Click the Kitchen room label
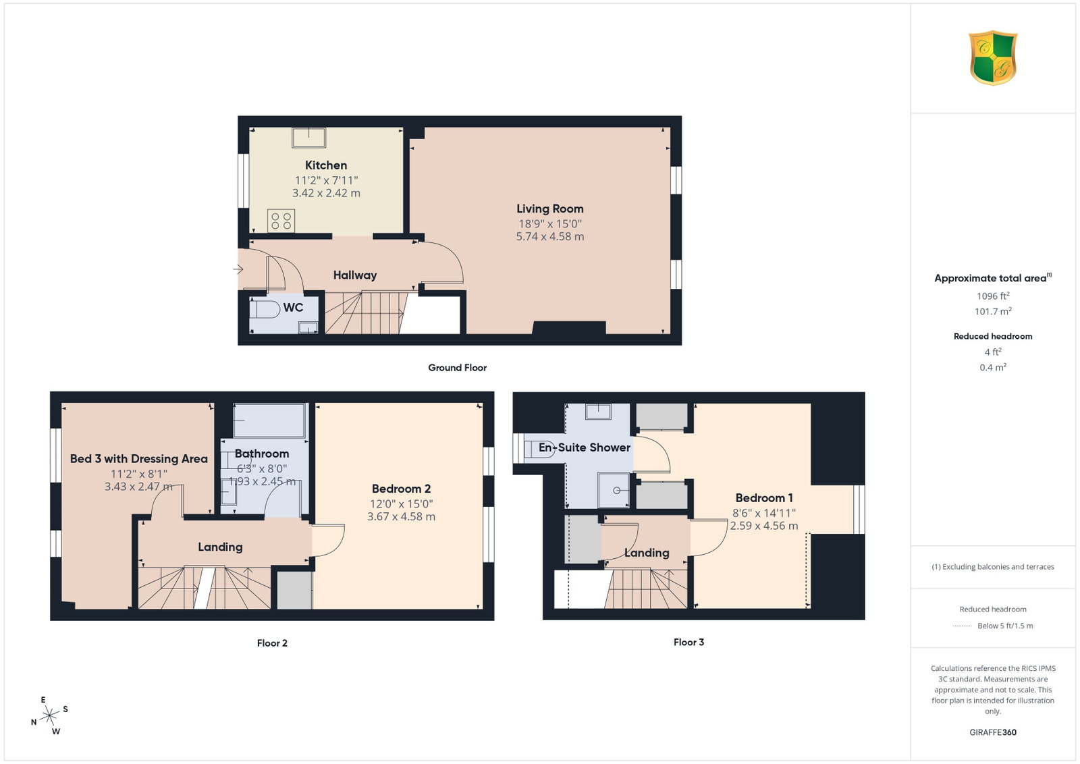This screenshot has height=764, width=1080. (326, 165)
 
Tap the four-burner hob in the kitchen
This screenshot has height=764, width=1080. (281, 221)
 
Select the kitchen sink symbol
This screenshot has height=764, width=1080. (308, 138)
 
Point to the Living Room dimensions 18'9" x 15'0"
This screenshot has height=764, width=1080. (550, 223)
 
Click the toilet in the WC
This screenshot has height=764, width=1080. (265, 309)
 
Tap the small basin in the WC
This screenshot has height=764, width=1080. (308, 328)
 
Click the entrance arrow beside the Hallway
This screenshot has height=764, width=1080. (238, 269)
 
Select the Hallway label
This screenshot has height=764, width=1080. (355, 275)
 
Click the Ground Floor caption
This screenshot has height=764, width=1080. (458, 368)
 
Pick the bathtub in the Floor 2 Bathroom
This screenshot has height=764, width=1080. (269, 420)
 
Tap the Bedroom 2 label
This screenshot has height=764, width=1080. (401, 489)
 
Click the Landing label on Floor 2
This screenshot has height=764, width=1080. (220, 547)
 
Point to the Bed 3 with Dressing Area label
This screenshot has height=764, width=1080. (139, 459)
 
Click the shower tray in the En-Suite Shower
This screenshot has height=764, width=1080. (614, 490)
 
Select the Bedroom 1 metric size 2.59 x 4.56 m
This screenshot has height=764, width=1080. (764, 526)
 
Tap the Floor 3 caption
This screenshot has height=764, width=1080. (688, 642)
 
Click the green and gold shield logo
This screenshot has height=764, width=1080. (993, 58)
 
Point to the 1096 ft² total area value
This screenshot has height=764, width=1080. (993, 296)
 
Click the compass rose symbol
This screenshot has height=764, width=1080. (49, 716)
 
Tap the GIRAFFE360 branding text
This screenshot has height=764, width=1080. (993, 732)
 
